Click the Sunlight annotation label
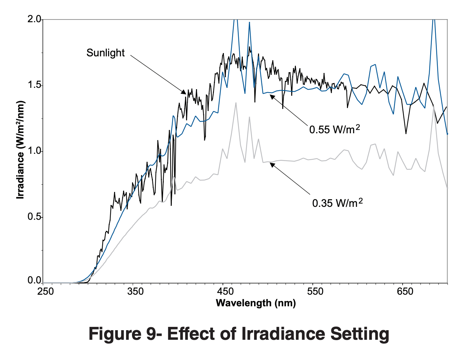click(105, 53)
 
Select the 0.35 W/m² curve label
click(337, 203)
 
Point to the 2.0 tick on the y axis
click(34, 20)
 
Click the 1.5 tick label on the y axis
click(34, 85)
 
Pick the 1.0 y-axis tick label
click(34, 151)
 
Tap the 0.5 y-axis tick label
click(34, 217)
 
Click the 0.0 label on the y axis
click(34, 280)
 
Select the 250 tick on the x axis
click(45, 292)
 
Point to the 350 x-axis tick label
click(135, 292)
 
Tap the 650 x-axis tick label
click(405, 292)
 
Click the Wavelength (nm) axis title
click(255, 303)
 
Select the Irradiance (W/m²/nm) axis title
click(21, 150)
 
